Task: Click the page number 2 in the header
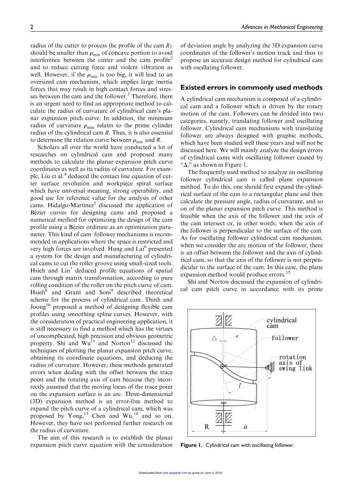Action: click(x=32, y=27)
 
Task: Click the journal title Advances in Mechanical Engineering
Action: click(x=282, y=27)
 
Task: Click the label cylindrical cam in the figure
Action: click(x=281, y=323)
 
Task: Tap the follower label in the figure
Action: click(x=285, y=338)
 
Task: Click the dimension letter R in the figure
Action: click(x=207, y=427)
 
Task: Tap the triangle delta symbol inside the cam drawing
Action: click(x=214, y=338)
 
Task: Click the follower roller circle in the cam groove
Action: click(x=222, y=366)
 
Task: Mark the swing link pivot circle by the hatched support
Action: click(x=267, y=368)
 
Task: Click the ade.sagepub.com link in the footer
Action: click(x=175, y=473)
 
